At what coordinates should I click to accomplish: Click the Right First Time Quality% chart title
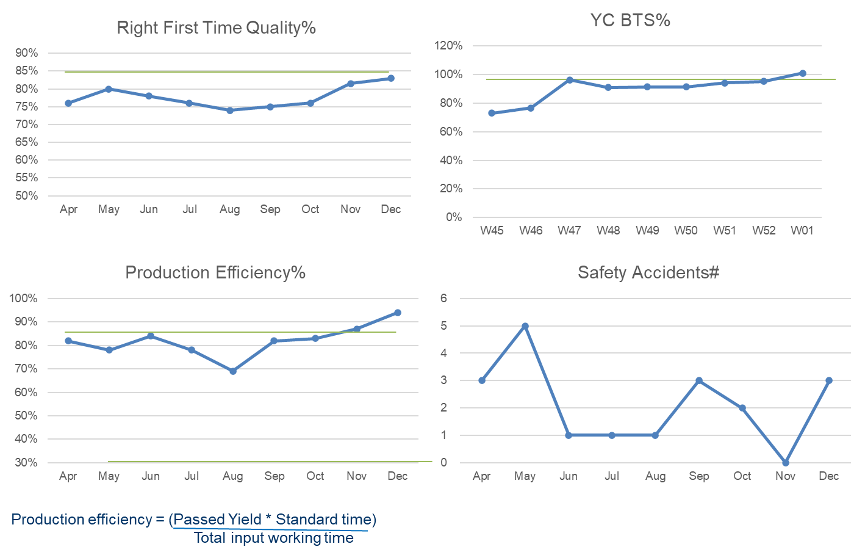point(216,28)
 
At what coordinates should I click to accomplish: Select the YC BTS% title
point(630,21)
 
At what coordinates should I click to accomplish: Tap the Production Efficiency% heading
point(215,272)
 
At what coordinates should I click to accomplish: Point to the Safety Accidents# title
point(648,272)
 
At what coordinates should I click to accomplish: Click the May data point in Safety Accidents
point(525,326)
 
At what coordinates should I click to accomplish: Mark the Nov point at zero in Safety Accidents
point(786,462)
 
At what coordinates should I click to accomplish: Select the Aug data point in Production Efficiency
point(232,371)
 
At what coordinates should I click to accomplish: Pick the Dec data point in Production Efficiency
point(398,313)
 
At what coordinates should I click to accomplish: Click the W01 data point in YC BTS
point(802,73)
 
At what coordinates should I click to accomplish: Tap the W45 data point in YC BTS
point(492,113)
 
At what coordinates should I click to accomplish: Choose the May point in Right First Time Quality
point(109,89)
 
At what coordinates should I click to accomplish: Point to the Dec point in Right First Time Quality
point(390,78)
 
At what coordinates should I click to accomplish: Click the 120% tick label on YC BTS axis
point(448,46)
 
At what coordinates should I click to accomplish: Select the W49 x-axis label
point(647,230)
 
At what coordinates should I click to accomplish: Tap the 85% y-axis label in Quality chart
point(26,71)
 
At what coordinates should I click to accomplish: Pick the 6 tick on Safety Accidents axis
point(444,299)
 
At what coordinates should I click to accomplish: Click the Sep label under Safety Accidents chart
point(699,476)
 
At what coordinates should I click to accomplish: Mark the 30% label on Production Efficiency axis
point(26,463)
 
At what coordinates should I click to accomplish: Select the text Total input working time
point(274,538)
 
